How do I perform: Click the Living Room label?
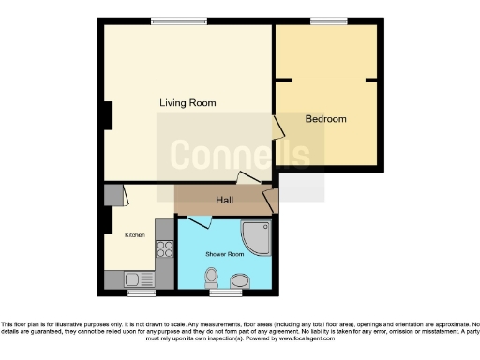point(187,102)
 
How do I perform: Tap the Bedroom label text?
point(325,119)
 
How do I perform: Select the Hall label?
point(225,201)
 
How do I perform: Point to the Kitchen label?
point(135,234)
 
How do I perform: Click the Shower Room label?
point(224,253)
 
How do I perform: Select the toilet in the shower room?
point(212,277)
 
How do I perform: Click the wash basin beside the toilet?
point(240,280)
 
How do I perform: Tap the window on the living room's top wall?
point(179,21)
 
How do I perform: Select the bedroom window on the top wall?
point(328,21)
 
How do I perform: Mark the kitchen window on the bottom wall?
point(141,292)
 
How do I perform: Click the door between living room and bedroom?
point(278,129)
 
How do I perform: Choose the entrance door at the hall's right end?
point(271,200)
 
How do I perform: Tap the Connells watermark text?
point(239,153)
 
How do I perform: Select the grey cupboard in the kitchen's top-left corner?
point(113,194)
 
